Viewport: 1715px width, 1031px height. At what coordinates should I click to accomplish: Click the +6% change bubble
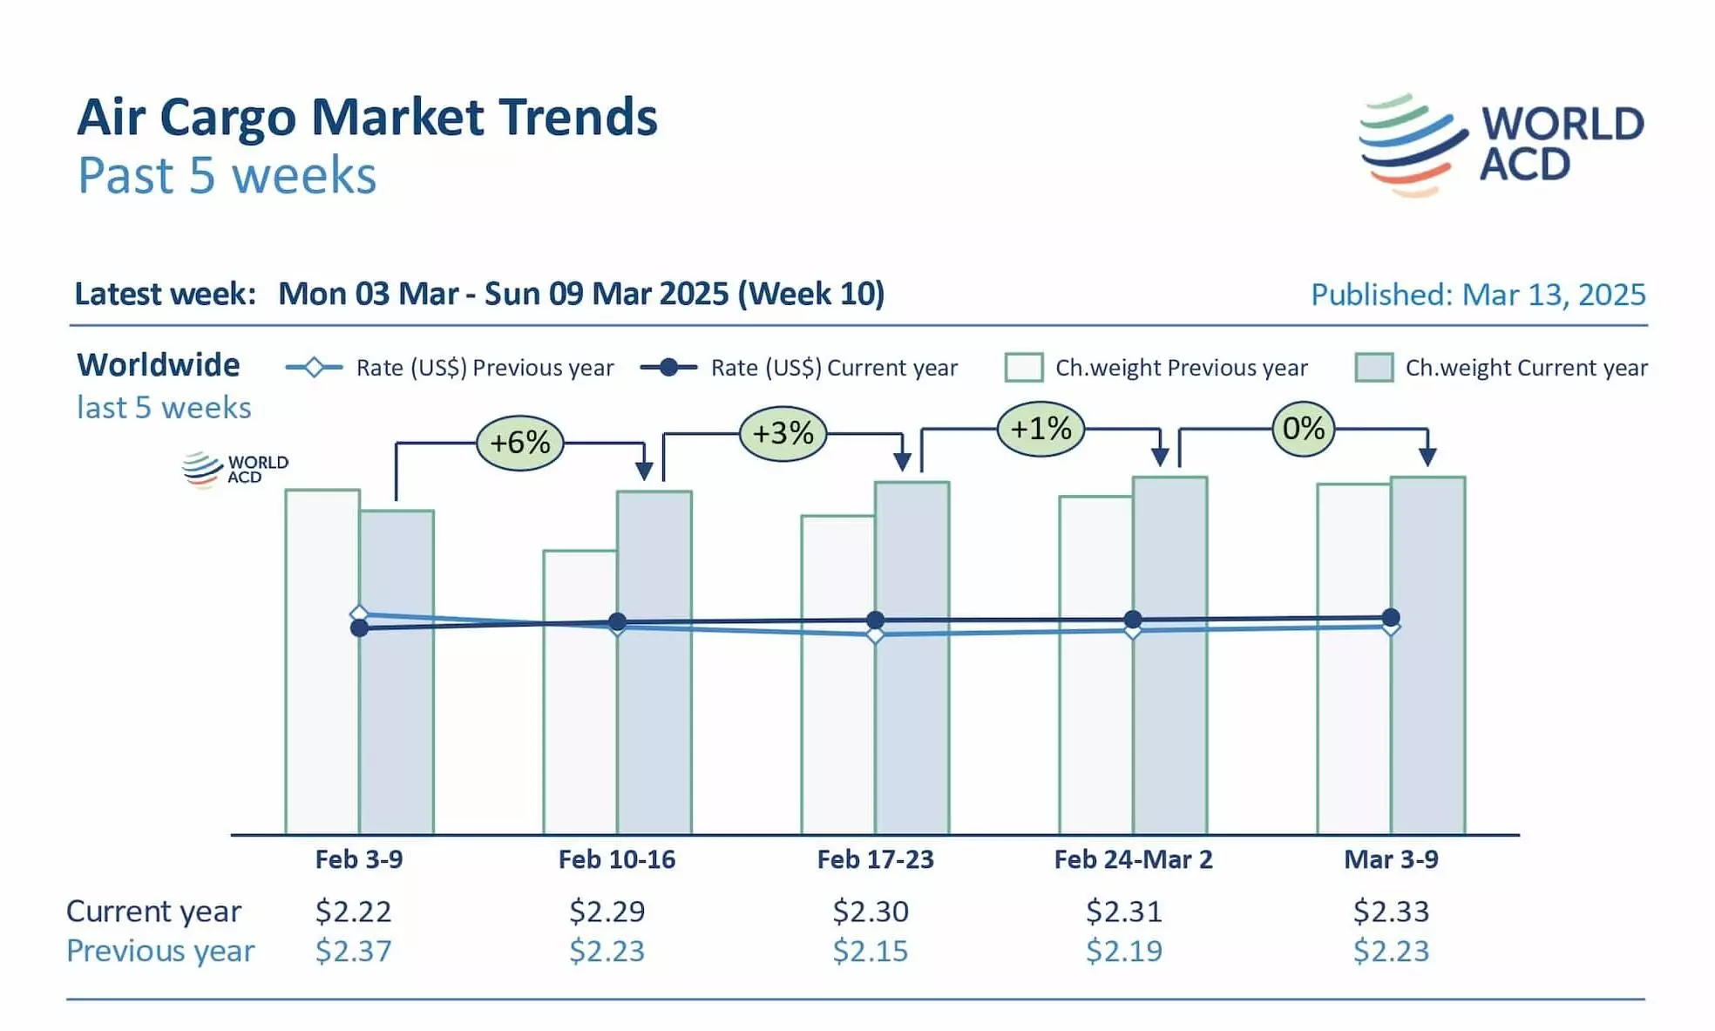point(520,443)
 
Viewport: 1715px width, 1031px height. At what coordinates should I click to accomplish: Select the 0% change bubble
point(1303,429)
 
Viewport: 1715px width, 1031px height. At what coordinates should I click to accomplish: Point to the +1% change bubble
point(1041,429)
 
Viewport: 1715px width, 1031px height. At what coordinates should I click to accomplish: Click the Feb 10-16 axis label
point(617,859)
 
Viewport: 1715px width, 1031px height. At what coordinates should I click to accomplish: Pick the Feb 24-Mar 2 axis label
point(1133,859)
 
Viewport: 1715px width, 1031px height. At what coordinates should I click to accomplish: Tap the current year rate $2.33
point(1391,912)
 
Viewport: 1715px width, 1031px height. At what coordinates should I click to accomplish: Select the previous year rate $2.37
point(353,951)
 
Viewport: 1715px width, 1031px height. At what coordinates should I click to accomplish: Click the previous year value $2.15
point(870,951)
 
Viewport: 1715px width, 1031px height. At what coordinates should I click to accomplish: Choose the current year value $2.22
point(353,912)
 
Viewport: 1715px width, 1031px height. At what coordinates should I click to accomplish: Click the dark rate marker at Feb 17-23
point(876,621)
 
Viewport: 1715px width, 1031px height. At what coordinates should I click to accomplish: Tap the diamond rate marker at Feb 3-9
point(358,614)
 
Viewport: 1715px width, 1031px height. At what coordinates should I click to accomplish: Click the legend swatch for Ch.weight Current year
point(1373,368)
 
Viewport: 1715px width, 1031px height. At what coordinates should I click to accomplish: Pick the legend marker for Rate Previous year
point(314,368)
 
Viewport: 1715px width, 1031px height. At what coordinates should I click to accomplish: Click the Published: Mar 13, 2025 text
point(1478,295)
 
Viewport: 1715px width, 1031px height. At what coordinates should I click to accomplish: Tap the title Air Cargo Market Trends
point(367,118)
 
